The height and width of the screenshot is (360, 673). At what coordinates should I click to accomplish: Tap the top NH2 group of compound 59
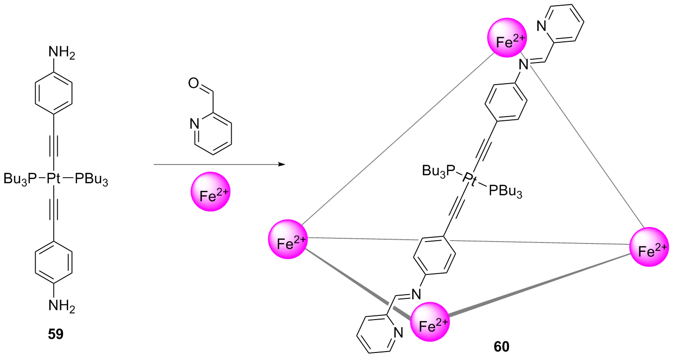point(61,53)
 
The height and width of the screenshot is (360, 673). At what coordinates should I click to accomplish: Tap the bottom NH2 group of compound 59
point(61,305)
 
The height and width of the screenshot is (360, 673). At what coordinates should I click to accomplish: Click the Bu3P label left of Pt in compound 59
point(22,179)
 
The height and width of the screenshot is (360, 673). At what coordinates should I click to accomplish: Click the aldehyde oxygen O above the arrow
point(193,85)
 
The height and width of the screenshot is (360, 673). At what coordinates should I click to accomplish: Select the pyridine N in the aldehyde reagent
point(193,124)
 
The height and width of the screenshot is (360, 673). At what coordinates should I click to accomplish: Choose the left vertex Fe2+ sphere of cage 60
point(288,239)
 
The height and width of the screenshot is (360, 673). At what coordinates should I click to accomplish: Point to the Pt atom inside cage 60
point(469,179)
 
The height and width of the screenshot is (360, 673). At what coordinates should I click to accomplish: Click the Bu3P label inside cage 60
point(439,170)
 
